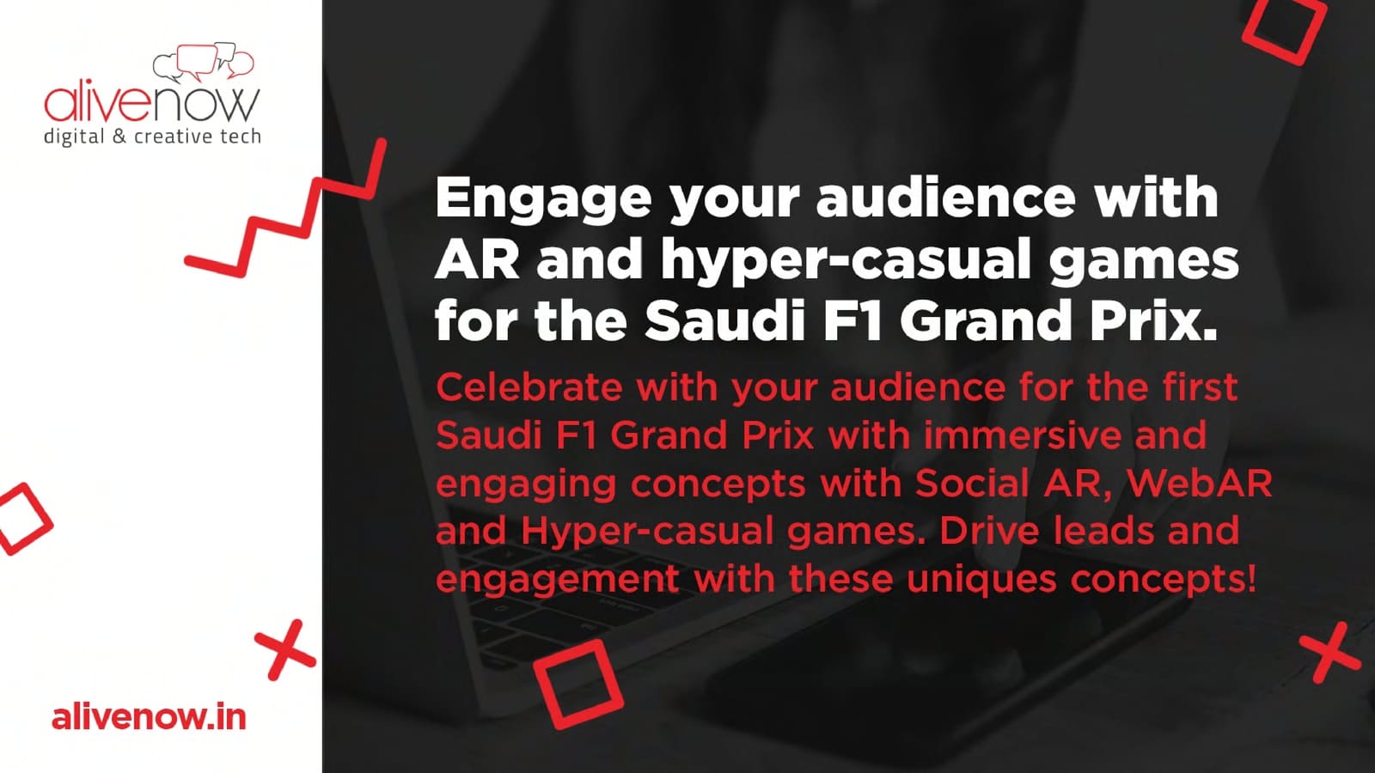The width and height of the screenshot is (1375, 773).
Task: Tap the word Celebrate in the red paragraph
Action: coord(529,387)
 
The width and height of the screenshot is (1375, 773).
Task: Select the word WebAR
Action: coord(1200,484)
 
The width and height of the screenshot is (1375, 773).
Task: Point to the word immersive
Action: coord(1021,435)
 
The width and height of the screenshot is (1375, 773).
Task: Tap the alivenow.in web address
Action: coord(149,717)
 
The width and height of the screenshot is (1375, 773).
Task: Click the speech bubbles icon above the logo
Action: coord(203,63)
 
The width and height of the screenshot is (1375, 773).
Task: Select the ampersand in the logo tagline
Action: coord(119,136)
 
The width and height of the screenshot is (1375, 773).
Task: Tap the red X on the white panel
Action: coord(285,649)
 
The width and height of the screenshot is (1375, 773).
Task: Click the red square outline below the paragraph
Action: coord(578,684)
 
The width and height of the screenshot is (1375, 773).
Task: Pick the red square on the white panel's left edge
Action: coord(23,519)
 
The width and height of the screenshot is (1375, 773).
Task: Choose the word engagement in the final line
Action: coord(558,580)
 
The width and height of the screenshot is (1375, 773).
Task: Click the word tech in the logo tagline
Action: coord(241,136)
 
